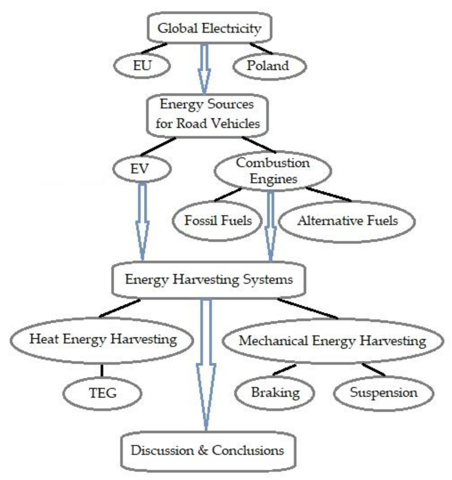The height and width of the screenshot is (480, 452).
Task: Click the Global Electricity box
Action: pos(209,28)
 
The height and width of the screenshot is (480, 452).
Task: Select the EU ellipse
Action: pos(142,65)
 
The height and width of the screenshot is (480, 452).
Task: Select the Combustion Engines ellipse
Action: pos(273,170)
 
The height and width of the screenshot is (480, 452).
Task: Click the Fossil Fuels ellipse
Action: pos(218,221)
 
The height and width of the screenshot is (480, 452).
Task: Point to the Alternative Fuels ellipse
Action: pos(347,221)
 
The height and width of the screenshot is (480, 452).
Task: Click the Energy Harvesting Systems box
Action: pos(209,280)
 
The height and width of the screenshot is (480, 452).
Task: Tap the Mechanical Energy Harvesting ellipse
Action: pos(333,341)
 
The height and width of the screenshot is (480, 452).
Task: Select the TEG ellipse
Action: pos(103,393)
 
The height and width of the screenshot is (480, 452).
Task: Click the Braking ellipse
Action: pos(275,393)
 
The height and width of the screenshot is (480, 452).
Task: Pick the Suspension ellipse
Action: pos(383,393)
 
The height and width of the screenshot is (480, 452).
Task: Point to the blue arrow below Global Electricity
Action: pos(204,69)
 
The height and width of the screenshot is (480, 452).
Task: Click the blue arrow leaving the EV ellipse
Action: pos(142,220)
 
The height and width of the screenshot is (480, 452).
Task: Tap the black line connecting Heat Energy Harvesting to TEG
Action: pos(102,371)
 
